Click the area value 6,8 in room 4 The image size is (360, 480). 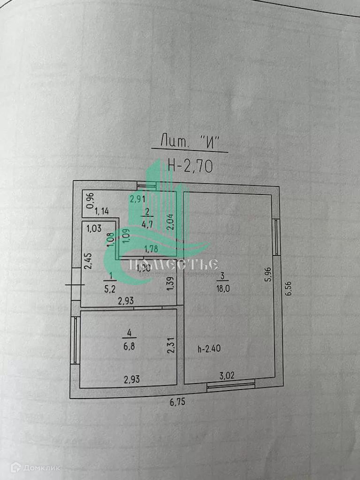pyautogui.click(x=129, y=338)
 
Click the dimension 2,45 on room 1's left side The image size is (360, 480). pyautogui.click(x=87, y=261)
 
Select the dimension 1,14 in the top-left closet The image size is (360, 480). pyautogui.click(x=102, y=211)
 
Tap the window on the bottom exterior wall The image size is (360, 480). pyautogui.click(x=231, y=385)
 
